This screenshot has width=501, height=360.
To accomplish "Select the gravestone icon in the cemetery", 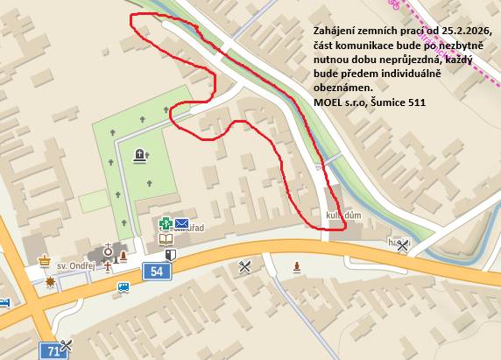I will pos(140,157).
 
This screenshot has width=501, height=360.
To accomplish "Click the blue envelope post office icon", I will pos(181,223).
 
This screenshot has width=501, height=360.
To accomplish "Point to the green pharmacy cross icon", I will pos(165,223).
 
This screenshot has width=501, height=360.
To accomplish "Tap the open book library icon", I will pos(166,238).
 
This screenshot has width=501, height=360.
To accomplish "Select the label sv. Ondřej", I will pos(76,265).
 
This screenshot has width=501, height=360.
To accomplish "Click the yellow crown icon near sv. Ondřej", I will pos(45,260).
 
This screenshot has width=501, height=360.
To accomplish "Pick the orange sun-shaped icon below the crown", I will pos(51,281).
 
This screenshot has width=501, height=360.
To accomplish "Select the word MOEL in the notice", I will pos(328,102).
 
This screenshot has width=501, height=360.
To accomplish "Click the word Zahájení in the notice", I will pos(337,32).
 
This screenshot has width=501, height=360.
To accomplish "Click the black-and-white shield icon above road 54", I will pos(172,254).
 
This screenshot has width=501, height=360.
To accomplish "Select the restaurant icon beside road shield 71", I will pos(67,346).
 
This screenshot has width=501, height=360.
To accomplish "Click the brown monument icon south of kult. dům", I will pos(298,265).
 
